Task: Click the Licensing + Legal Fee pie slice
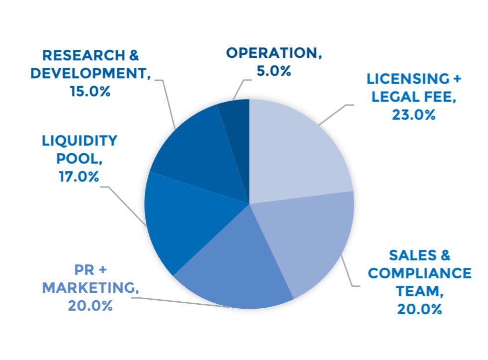tap(293, 149)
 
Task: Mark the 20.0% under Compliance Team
tap(419, 309)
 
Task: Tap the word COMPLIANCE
tap(419, 273)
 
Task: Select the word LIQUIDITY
tap(80, 140)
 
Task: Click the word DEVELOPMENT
tap(90, 73)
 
